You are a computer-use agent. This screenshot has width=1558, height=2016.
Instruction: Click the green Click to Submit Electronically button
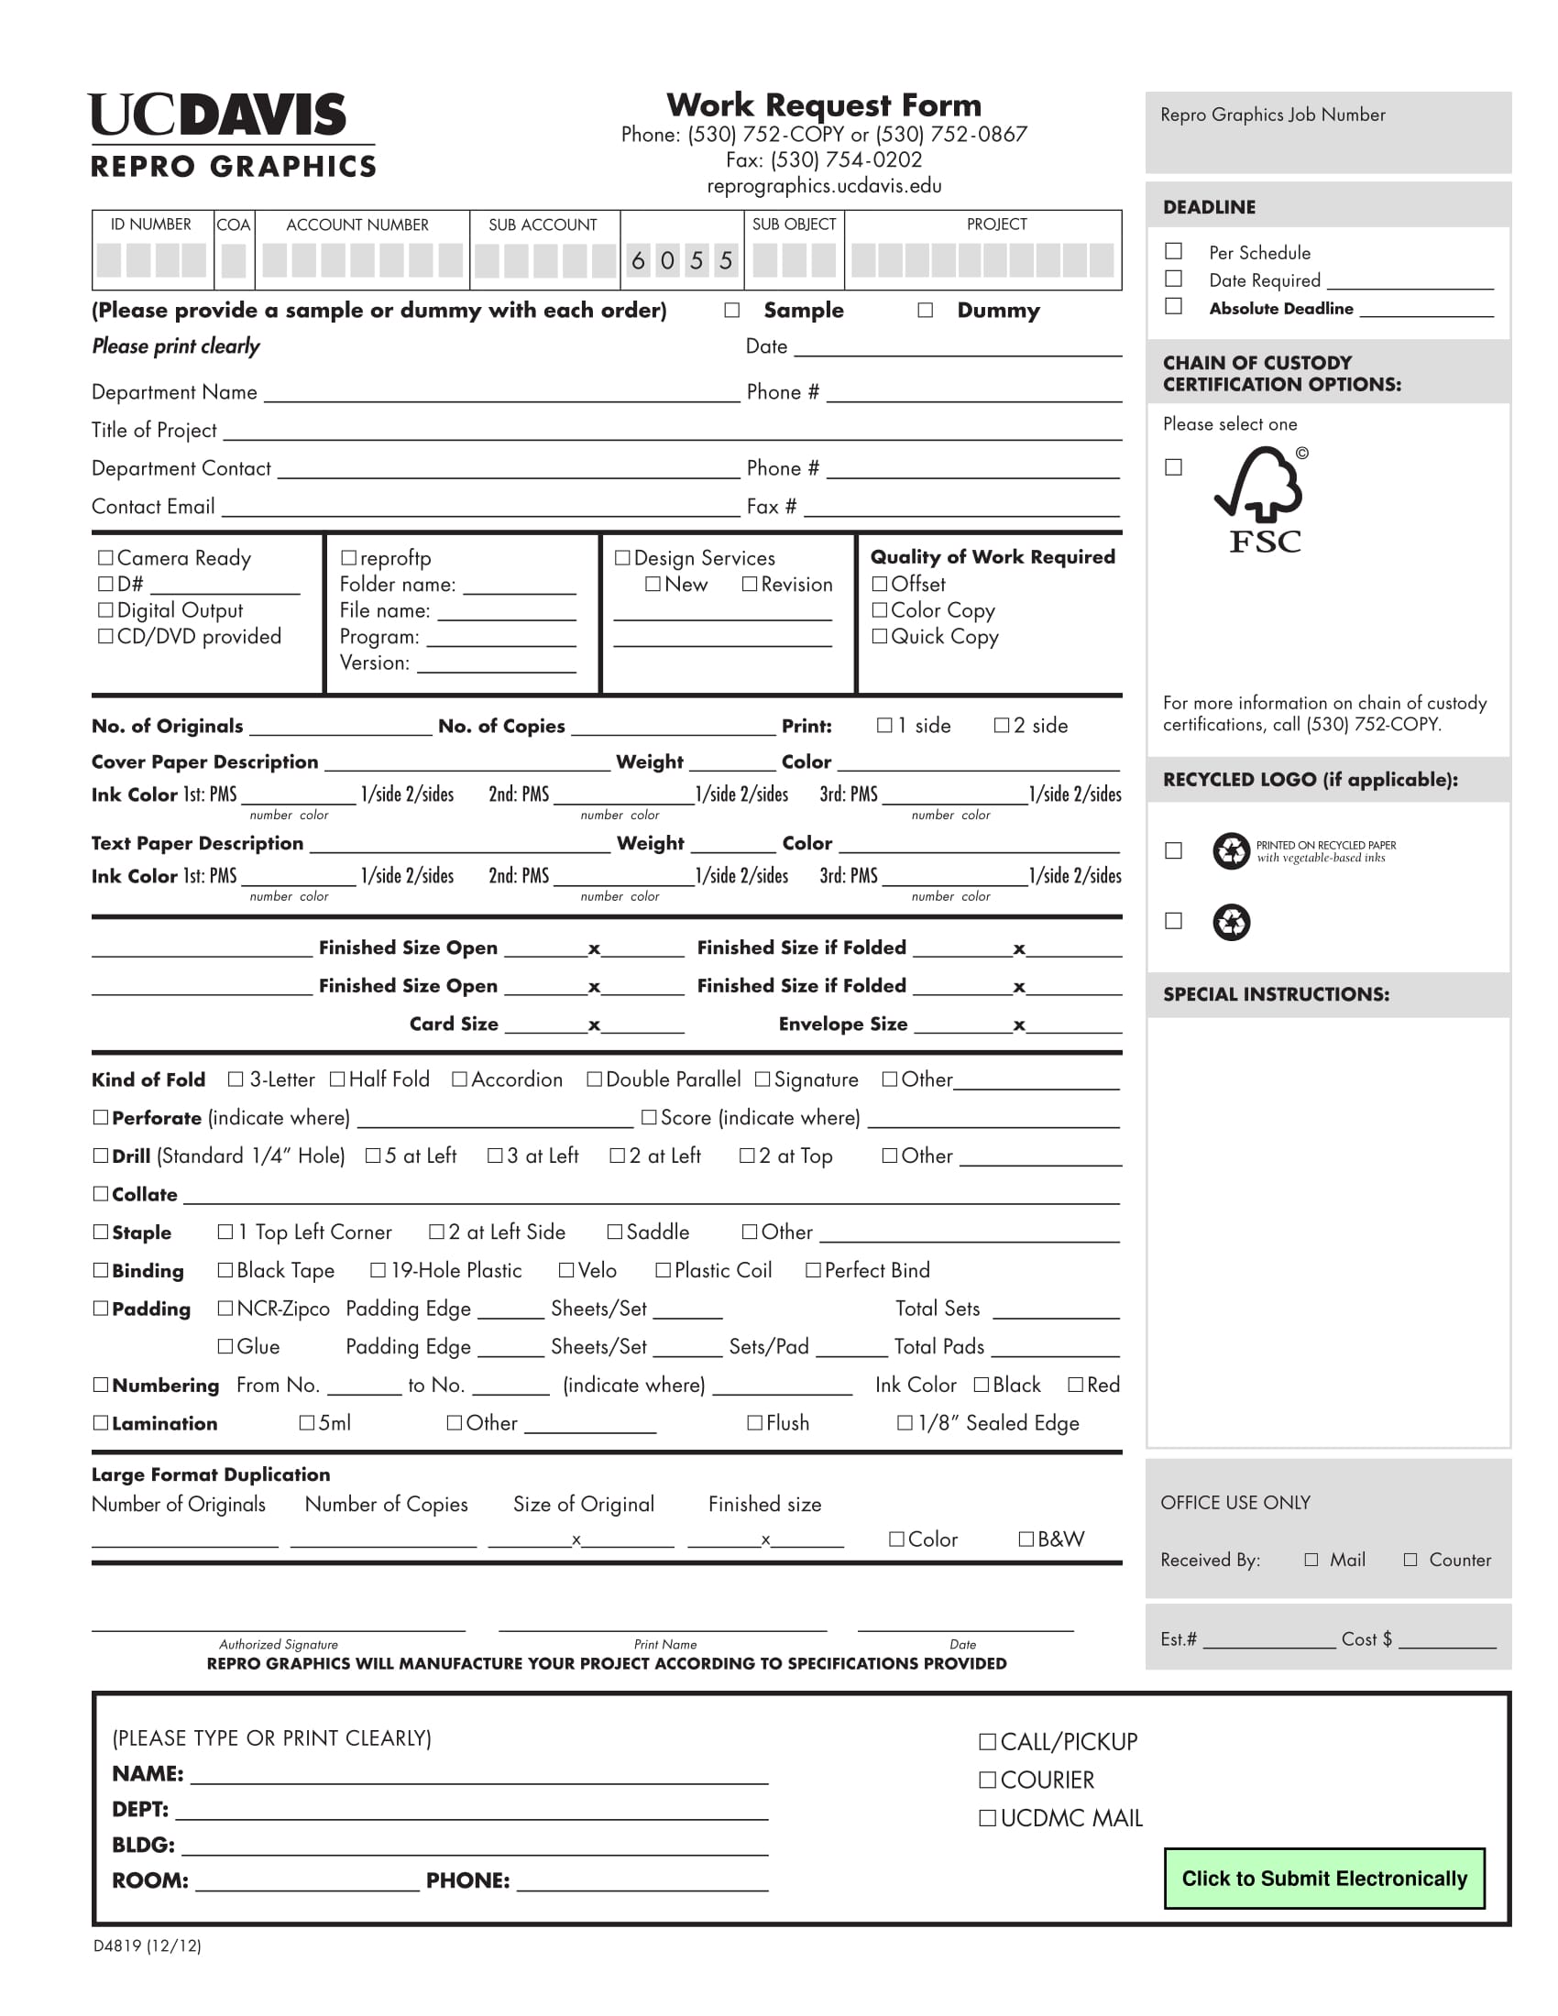pos(1323,1879)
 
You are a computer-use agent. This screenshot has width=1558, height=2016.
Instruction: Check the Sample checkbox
pos(732,310)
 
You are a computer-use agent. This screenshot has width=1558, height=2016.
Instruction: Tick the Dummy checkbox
pos(925,310)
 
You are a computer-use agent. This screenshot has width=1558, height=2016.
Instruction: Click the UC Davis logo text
pos(218,115)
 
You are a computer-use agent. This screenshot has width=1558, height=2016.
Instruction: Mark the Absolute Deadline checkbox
pos(1173,306)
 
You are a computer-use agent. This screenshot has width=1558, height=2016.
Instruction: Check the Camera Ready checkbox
pos(105,557)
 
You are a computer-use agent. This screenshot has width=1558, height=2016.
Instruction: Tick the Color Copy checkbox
pos(879,610)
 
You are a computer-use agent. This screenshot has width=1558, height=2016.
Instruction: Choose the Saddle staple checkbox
pos(615,1233)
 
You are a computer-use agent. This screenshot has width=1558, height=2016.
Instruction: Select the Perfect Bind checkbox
pos(813,1270)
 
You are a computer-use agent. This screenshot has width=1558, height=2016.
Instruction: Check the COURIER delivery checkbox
pos(988,1780)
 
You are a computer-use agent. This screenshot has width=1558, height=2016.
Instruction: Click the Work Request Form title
pos(823,104)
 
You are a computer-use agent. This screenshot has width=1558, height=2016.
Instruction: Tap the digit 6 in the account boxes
pos(638,261)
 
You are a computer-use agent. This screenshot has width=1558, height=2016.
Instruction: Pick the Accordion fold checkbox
pos(459,1079)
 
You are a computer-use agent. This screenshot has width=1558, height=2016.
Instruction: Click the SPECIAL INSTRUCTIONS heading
pos(1276,994)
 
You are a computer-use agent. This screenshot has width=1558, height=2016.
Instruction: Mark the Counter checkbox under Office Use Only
pos(1410,1559)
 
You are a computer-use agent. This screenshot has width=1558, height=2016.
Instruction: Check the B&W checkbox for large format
pos(1026,1539)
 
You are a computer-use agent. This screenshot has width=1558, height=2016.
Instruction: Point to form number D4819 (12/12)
pos(148,1945)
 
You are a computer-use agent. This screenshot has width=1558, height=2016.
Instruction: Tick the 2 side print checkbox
pos(1002,726)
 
